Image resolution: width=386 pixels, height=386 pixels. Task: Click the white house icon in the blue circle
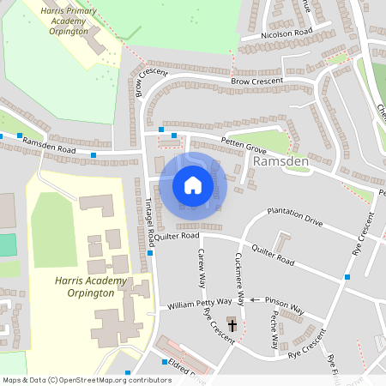(x=193, y=185)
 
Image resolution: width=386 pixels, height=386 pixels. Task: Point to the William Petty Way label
(x=200, y=303)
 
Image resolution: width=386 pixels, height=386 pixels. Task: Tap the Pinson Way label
(x=285, y=305)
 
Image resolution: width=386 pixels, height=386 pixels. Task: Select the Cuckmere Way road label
(x=241, y=278)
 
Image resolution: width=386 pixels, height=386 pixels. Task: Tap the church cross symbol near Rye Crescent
(x=231, y=324)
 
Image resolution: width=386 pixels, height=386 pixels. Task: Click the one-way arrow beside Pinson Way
(x=256, y=300)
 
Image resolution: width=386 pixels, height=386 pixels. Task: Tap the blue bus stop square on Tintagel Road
(x=150, y=252)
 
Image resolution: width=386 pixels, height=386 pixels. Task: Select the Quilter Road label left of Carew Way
(x=178, y=235)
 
